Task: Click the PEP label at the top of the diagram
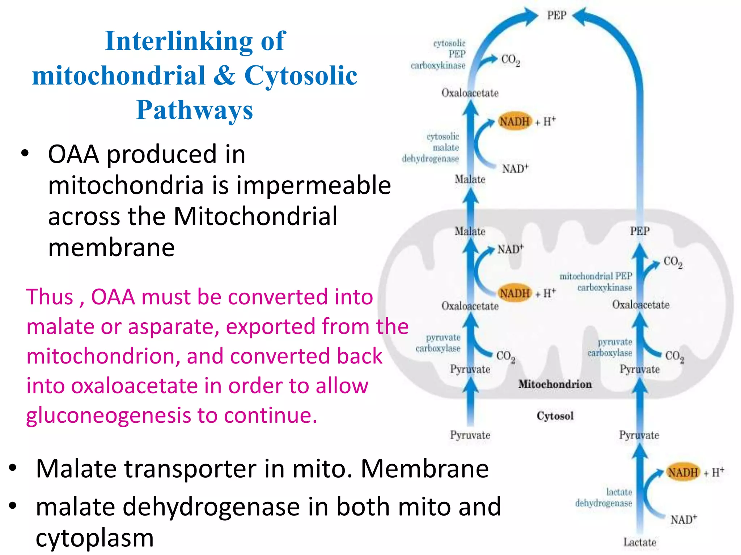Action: point(556,16)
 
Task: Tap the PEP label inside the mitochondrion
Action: point(639,231)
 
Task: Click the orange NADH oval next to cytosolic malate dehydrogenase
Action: point(514,121)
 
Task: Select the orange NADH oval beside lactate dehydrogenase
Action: point(682,472)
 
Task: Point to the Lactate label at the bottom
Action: point(639,542)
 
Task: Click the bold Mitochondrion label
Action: point(555,384)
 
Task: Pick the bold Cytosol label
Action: point(555,416)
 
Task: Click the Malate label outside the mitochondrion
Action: point(470,179)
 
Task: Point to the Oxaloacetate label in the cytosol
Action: point(470,93)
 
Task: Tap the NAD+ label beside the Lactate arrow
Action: point(683,520)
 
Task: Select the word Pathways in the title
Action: point(194,110)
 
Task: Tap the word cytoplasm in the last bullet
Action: point(95,538)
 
